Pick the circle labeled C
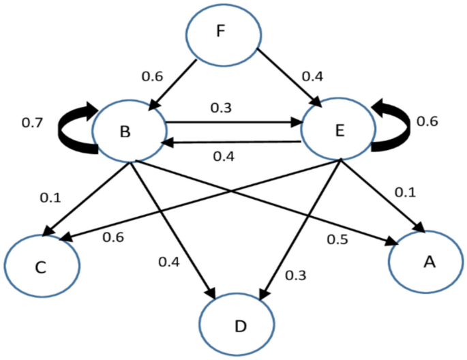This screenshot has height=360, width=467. pos(41,265)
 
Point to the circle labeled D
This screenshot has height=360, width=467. pos(239,325)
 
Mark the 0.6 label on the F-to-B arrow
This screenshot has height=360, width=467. pos(151,77)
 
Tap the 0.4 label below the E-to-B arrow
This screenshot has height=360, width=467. pos(225,157)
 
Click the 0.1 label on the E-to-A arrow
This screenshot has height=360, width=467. pos(406,194)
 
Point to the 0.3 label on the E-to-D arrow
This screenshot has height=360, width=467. pos(295,275)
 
